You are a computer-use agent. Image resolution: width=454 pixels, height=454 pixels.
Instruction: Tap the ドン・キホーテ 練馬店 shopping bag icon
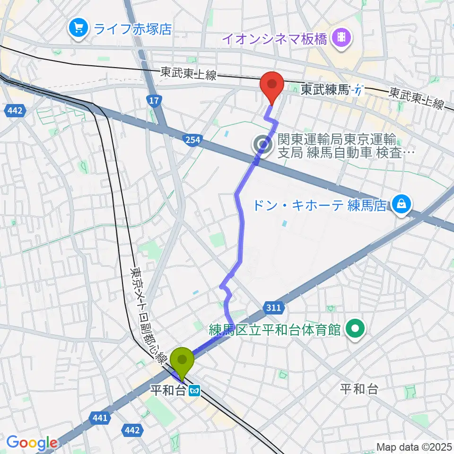tap(401, 204)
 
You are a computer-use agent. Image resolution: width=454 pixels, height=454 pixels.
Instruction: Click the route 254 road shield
tap(193, 139)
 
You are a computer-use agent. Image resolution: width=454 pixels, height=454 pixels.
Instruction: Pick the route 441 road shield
tap(99, 418)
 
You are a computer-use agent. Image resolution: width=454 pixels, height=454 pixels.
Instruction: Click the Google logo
tap(31, 443)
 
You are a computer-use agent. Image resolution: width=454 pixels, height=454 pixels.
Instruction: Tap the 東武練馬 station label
tap(325, 90)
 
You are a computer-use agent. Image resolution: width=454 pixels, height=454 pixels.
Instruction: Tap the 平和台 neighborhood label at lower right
tap(359, 389)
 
